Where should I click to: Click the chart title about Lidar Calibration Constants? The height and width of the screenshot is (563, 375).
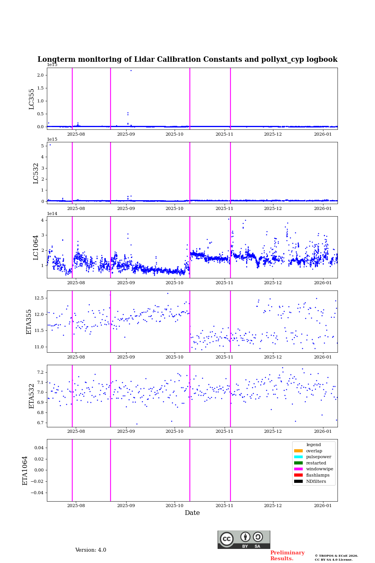pos(187,59)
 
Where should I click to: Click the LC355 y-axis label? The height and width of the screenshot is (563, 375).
pos(32,99)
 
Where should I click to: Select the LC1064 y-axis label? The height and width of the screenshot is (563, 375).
pos(36,247)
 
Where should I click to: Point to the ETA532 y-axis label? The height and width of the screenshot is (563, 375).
pos(32,396)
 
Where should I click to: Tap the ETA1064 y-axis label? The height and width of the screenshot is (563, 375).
pos(25,470)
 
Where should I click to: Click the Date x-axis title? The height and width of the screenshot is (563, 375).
pos(192,513)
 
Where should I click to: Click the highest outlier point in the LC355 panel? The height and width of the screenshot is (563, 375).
pos(131,70)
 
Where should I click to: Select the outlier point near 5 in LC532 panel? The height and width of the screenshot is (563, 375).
pos(50,145)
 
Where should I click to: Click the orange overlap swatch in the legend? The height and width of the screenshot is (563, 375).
pos(298,451)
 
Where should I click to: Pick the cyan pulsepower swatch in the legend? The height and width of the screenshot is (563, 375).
pos(298,457)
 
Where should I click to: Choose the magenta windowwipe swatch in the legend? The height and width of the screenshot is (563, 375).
pos(298,469)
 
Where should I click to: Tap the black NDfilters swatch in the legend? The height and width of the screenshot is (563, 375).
pos(298,481)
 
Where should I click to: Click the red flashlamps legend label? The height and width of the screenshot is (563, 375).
pos(318,475)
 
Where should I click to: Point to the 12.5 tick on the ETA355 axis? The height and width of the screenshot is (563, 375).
pos(39,298)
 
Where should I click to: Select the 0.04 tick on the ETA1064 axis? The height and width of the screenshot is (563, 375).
pos(37,448)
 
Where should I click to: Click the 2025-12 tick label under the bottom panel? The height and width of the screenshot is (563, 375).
pos(273,506)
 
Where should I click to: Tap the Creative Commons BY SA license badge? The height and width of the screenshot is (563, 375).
pos(244,540)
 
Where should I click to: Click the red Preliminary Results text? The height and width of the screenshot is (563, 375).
pos(287,556)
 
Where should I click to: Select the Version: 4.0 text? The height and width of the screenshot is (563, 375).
pos(91,550)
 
